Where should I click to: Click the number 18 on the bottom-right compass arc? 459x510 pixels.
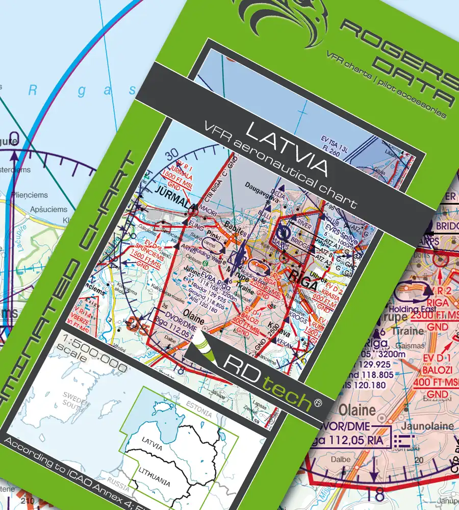click(374, 494)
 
